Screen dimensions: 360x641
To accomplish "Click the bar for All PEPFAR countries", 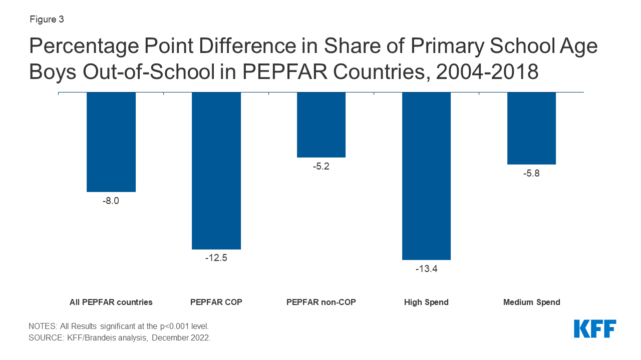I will pyautogui.click(x=111, y=142).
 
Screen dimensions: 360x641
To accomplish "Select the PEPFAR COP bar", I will pyautogui.click(x=216, y=170).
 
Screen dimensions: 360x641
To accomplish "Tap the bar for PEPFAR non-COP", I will pyautogui.click(x=321, y=125).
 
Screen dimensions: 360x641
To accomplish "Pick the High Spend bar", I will pyautogui.click(x=426, y=176).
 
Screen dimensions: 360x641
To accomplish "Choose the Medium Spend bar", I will pyautogui.click(x=531, y=128).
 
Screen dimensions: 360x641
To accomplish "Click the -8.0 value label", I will pyautogui.click(x=111, y=201).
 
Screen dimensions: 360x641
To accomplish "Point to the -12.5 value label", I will pyautogui.click(x=216, y=258).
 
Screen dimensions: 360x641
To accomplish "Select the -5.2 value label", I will pyautogui.click(x=321, y=166).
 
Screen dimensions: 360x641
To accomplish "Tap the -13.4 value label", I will pyautogui.click(x=426, y=268).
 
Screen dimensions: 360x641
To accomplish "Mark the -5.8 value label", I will pyautogui.click(x=531, y=173).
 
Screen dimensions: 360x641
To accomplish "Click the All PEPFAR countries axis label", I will pyautogui.click(x=111, y=302).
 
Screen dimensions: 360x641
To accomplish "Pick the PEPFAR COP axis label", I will pyautogui.click(x=216, y=302).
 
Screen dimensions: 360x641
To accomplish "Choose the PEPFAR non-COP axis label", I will pyautogui.click(x=321, y=302).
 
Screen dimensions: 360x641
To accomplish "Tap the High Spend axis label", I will pyautogui.click(x=426, y=302).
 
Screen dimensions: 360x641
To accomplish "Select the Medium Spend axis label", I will pyautogui.click(x=531, y=302).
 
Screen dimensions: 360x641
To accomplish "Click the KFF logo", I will pyautogui.click(x=595, y=329).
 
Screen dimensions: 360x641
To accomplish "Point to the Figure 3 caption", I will pyautogui.click(x=47, y=20).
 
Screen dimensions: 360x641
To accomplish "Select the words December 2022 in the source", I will pyautogui.click(x=181, y=338).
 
